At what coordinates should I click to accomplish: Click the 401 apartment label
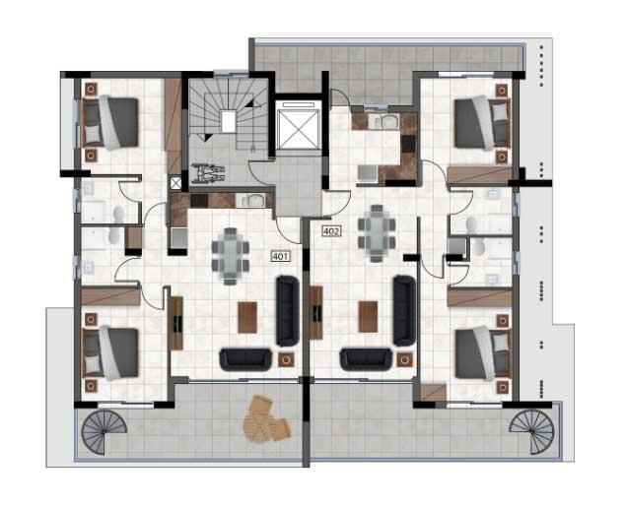(280, 255)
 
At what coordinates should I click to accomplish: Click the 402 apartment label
(332, 231)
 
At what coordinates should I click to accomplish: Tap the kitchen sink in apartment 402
(387, 123)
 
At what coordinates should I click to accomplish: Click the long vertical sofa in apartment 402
(402, 308)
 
